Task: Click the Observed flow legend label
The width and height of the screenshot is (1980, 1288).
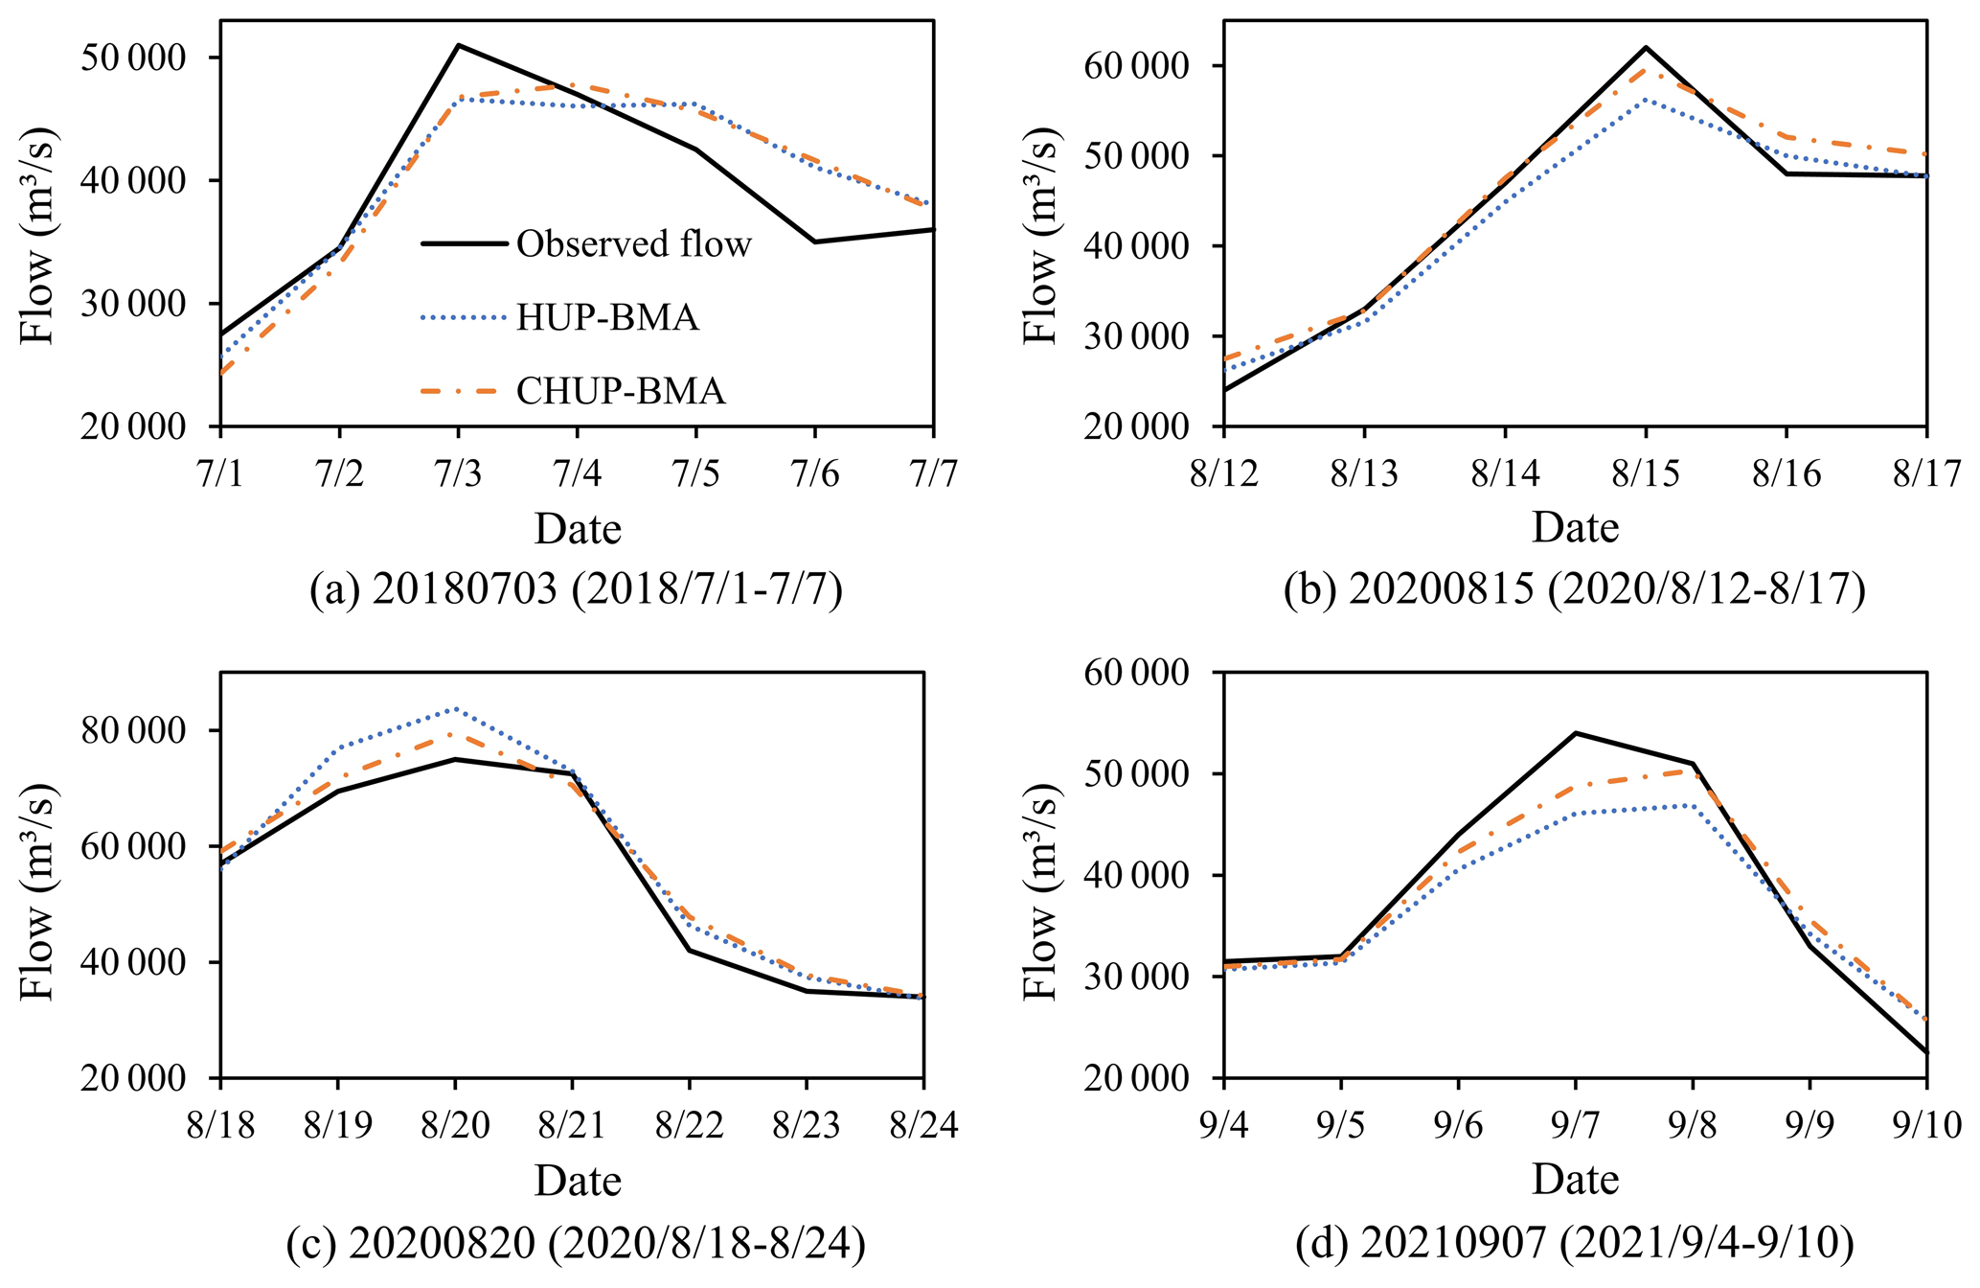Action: (633, 244)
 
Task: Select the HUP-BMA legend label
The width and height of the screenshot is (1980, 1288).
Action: (607, 317)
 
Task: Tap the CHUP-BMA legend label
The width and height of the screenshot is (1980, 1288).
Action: (621, 391)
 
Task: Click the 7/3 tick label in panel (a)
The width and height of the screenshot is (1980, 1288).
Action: (458, 474)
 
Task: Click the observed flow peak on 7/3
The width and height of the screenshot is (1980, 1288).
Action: (459, 45)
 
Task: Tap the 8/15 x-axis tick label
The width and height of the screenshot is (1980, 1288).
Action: (1646, 474)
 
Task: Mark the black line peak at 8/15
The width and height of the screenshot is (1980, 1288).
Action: (1646, 47)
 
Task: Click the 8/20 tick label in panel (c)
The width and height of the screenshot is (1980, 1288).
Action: (455, 1125)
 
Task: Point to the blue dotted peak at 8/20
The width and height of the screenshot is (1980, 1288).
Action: (456, 709)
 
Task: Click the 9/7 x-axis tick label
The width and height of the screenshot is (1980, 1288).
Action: (1575, 1125)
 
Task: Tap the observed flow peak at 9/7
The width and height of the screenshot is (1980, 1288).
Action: (1576, 733)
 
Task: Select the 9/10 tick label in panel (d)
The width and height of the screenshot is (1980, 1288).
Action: (1926, 1125)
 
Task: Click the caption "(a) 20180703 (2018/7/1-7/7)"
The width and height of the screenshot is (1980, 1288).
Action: (577, 590)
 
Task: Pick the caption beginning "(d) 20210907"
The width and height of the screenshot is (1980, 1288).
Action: (1575, 1243)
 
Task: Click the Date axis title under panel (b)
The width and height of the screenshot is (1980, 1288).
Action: (1575, 528)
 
